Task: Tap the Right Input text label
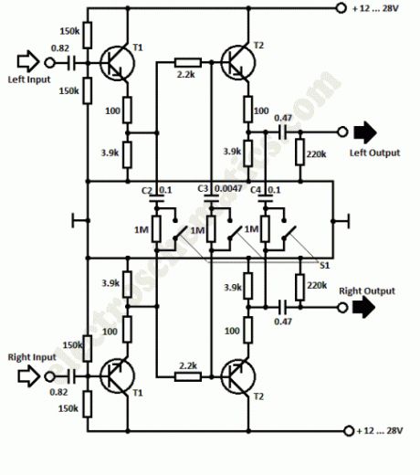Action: click(x=29, y=355)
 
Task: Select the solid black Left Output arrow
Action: click(x=373, y=131)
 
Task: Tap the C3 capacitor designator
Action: click(x=204, y=190)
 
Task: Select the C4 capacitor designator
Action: click(x=256, y=190)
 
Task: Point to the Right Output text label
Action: click(x=368, y=290)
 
